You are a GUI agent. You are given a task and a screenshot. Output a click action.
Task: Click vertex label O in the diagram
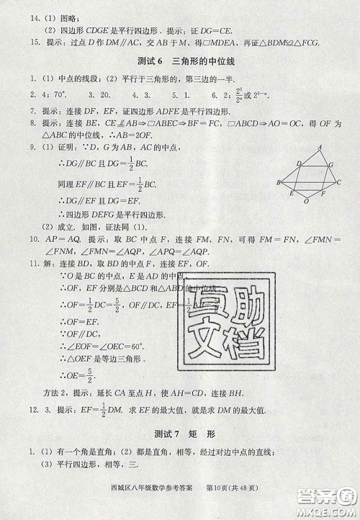point(306,202)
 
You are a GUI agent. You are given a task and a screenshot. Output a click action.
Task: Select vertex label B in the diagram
point(278,183)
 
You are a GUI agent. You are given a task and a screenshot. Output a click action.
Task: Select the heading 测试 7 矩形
point(180,435)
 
